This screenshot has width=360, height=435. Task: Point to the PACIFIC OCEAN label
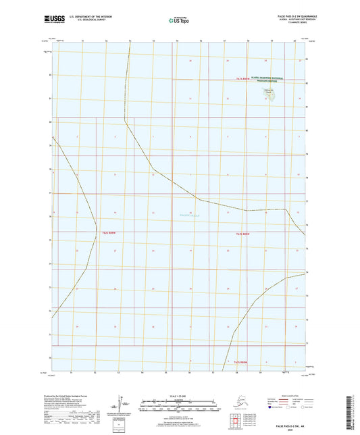tap(182, 215)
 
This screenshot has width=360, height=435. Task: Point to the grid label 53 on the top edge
tap(130, 41)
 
